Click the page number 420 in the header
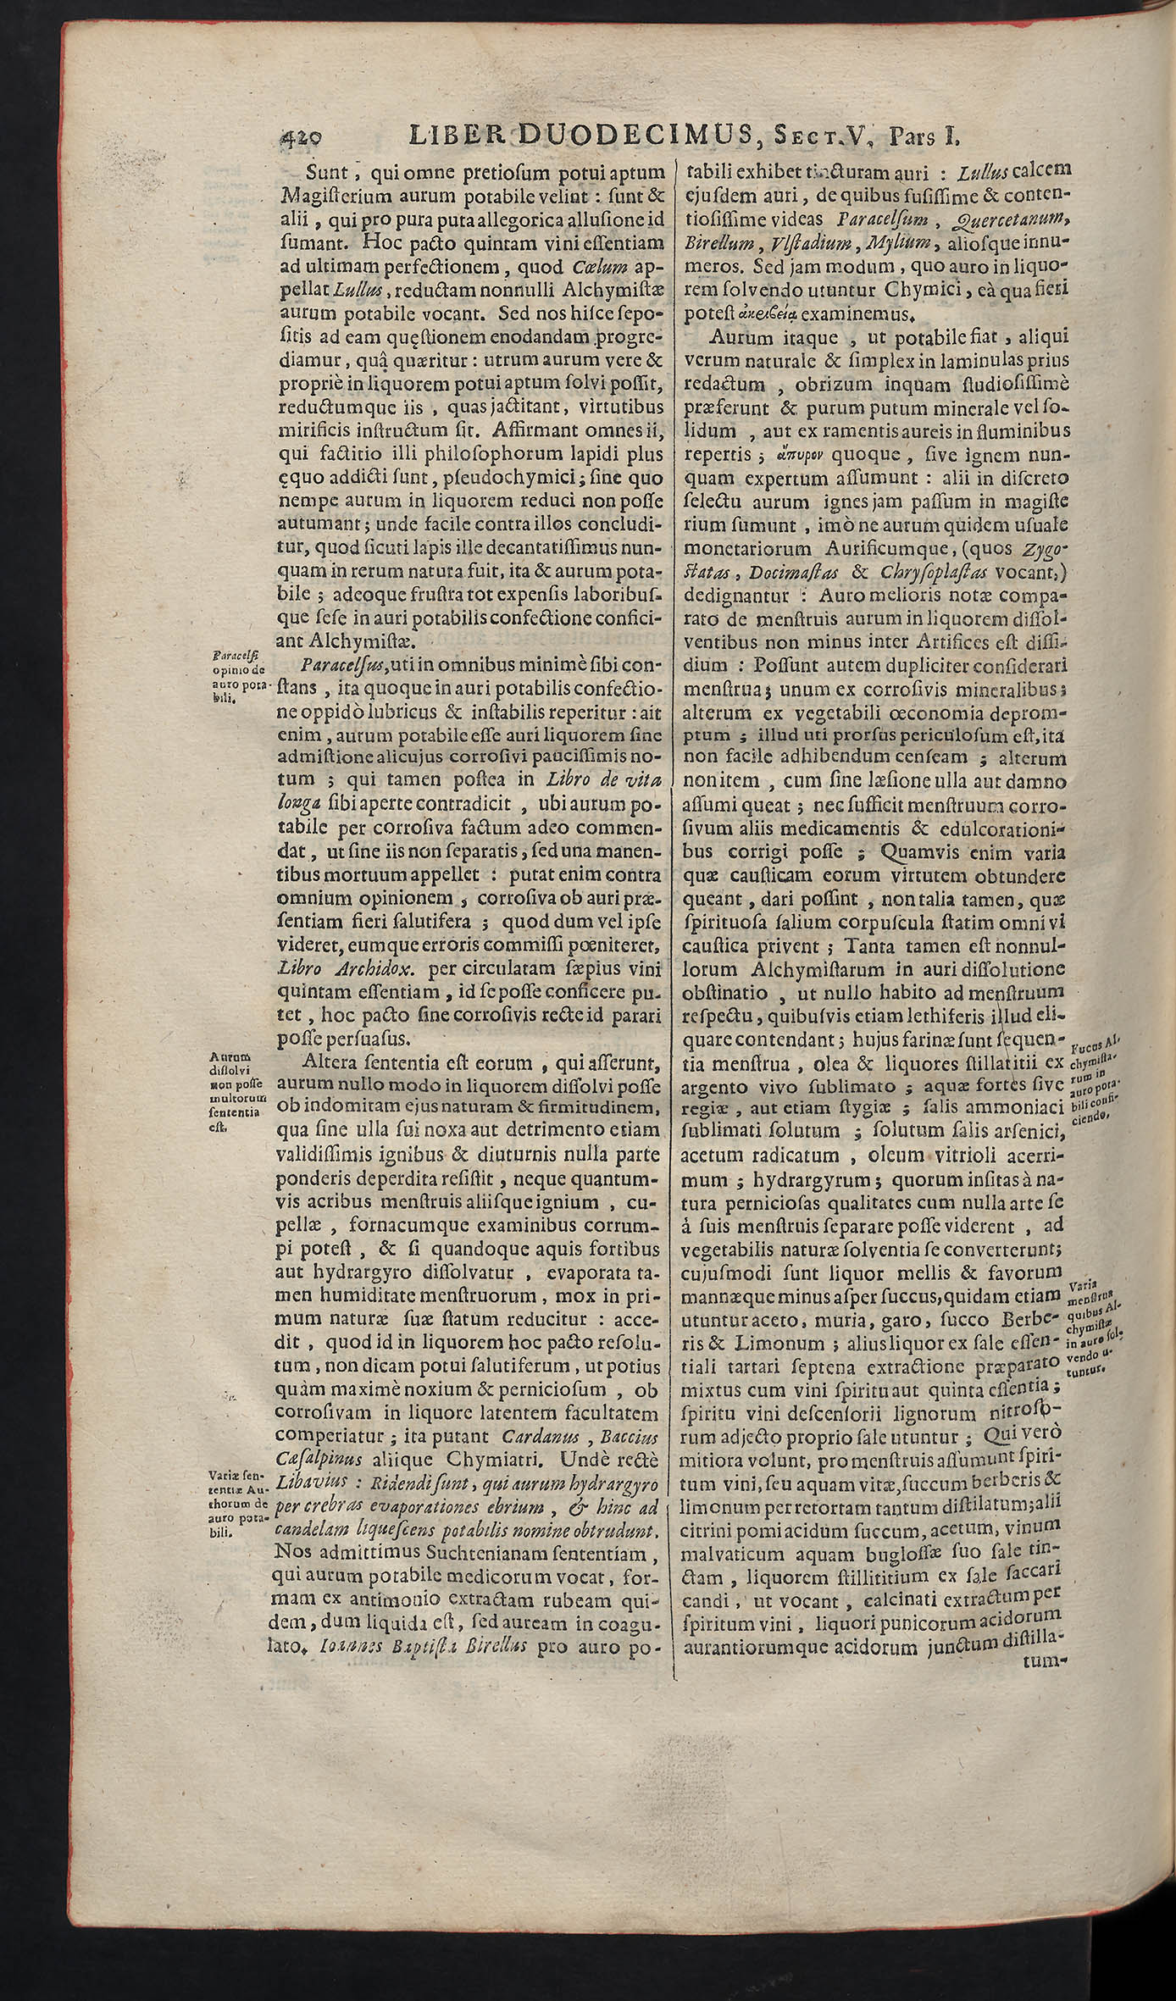click(302, 136)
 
